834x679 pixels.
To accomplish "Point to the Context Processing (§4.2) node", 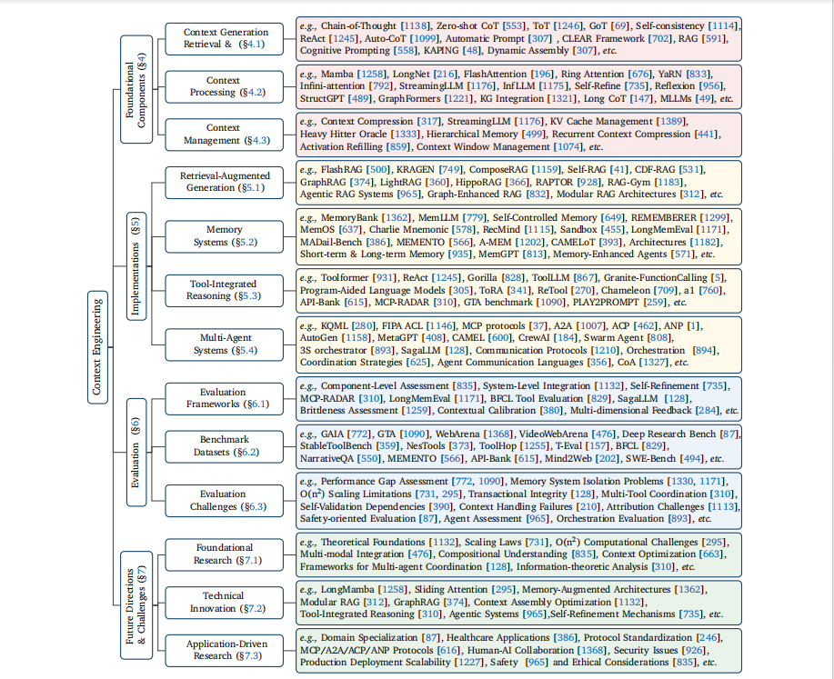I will coord(223,86).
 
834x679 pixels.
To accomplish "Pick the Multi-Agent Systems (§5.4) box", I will coord(224,343).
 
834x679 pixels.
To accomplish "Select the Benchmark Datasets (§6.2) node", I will coord(224,445).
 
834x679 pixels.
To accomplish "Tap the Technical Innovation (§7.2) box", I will coord(224,602).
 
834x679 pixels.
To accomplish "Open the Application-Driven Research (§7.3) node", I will coord(224,649).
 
